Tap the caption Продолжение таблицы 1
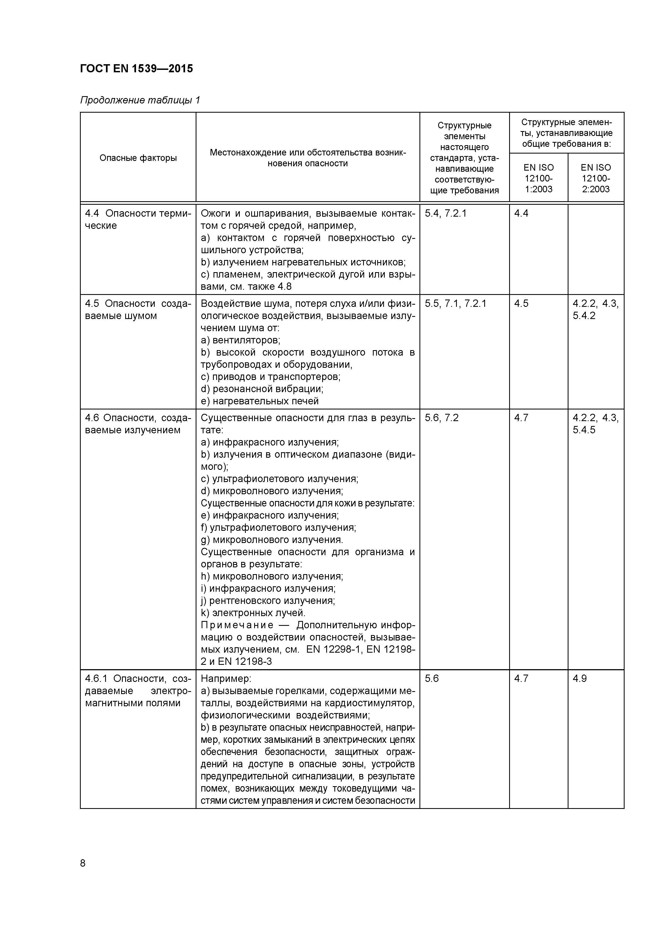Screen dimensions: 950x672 click(x=140, y=100)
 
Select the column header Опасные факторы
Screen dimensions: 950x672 click(x=138, y=158)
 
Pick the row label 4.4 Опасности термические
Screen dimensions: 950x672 click(x=138, y=219)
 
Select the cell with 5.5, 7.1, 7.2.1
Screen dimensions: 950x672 click(x=455, y=304)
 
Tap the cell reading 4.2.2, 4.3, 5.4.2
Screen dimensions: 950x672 click(x=595, y=310)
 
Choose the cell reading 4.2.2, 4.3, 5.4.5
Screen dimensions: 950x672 click(x=595, y=424)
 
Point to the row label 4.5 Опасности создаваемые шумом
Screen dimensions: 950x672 click(x=138, y=310)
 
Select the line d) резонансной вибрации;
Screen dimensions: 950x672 click(x=262, y=389)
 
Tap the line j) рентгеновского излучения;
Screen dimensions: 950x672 click(x=268, y=600)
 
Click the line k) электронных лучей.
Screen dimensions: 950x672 click(x=253, y=613)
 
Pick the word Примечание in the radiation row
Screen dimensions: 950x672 click(x=237, y=625)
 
